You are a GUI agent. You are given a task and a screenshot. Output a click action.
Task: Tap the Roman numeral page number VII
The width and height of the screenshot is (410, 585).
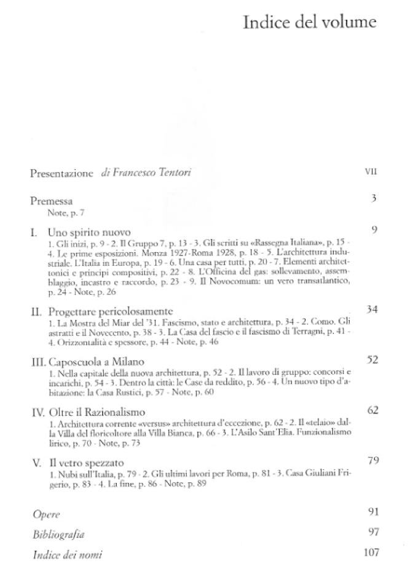370,173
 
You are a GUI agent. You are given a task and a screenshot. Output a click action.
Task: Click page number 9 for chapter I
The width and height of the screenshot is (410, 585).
373,230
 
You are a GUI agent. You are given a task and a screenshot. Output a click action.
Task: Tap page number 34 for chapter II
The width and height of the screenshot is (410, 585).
371,308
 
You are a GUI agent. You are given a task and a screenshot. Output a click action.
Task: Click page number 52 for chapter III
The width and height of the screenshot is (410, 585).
371,359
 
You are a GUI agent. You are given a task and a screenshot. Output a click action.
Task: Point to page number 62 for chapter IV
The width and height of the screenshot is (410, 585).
371,409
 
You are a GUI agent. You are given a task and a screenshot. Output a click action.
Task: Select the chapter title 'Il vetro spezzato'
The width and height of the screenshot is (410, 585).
90,461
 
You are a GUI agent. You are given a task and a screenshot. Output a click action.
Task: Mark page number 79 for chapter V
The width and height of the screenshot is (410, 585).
371,460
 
